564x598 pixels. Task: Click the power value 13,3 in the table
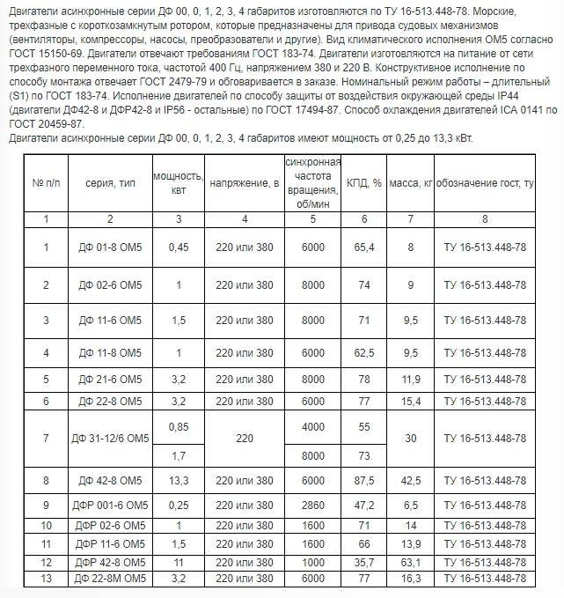pos(178,480)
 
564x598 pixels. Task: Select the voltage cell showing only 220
pos(245,438)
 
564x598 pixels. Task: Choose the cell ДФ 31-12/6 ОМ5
pos(110,438)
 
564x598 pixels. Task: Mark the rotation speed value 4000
pos(312,427)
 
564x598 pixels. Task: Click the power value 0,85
pos(178,427)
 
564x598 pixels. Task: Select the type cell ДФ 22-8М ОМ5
pos(110,578)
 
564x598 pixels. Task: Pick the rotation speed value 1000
pos(312,561)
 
